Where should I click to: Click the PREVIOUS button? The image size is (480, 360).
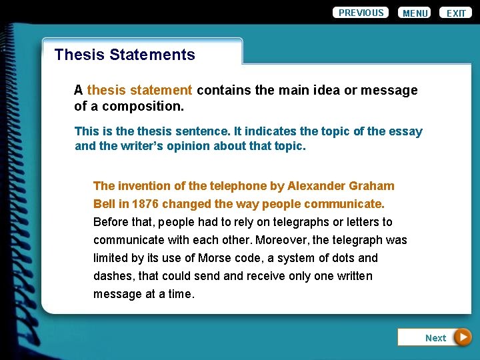(361, 13)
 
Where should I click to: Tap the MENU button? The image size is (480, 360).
(415, 13)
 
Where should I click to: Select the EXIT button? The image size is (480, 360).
(456, 13)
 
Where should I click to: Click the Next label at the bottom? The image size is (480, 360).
(435, 338)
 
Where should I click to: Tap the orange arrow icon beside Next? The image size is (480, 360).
(462, 337)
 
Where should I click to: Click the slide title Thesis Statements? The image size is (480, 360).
(125, 55)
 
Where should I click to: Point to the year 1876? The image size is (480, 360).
(145, 204)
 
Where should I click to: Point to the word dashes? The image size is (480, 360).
(113, 276)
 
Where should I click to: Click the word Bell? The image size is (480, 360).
(105, 204)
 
